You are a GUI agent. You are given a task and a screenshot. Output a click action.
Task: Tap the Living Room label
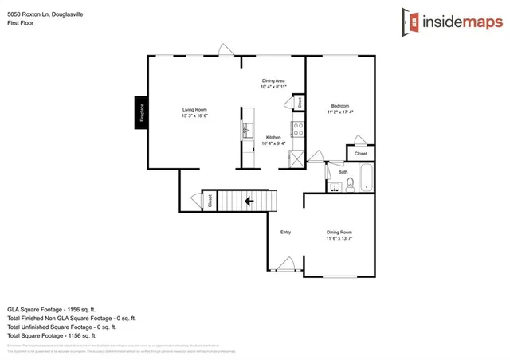click(194, 109)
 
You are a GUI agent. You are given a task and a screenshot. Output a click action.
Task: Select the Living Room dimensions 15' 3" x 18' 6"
click(194, 116)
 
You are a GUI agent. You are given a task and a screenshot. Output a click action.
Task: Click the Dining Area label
click(273, 80)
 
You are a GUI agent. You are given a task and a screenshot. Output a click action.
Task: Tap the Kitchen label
click(273, 137)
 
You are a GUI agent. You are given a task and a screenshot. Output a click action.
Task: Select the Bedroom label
click(341, 106)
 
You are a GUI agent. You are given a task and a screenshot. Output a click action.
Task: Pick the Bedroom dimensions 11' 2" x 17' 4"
click(341, 112)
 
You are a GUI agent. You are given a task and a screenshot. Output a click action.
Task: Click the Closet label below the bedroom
click(360, 153)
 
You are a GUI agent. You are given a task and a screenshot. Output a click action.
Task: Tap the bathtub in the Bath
click(367, 178)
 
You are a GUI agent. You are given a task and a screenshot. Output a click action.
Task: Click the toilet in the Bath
click(349, 185)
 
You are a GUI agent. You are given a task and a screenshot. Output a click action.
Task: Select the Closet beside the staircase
click(210, 201)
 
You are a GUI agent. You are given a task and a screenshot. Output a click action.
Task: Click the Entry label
click(285, 232)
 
